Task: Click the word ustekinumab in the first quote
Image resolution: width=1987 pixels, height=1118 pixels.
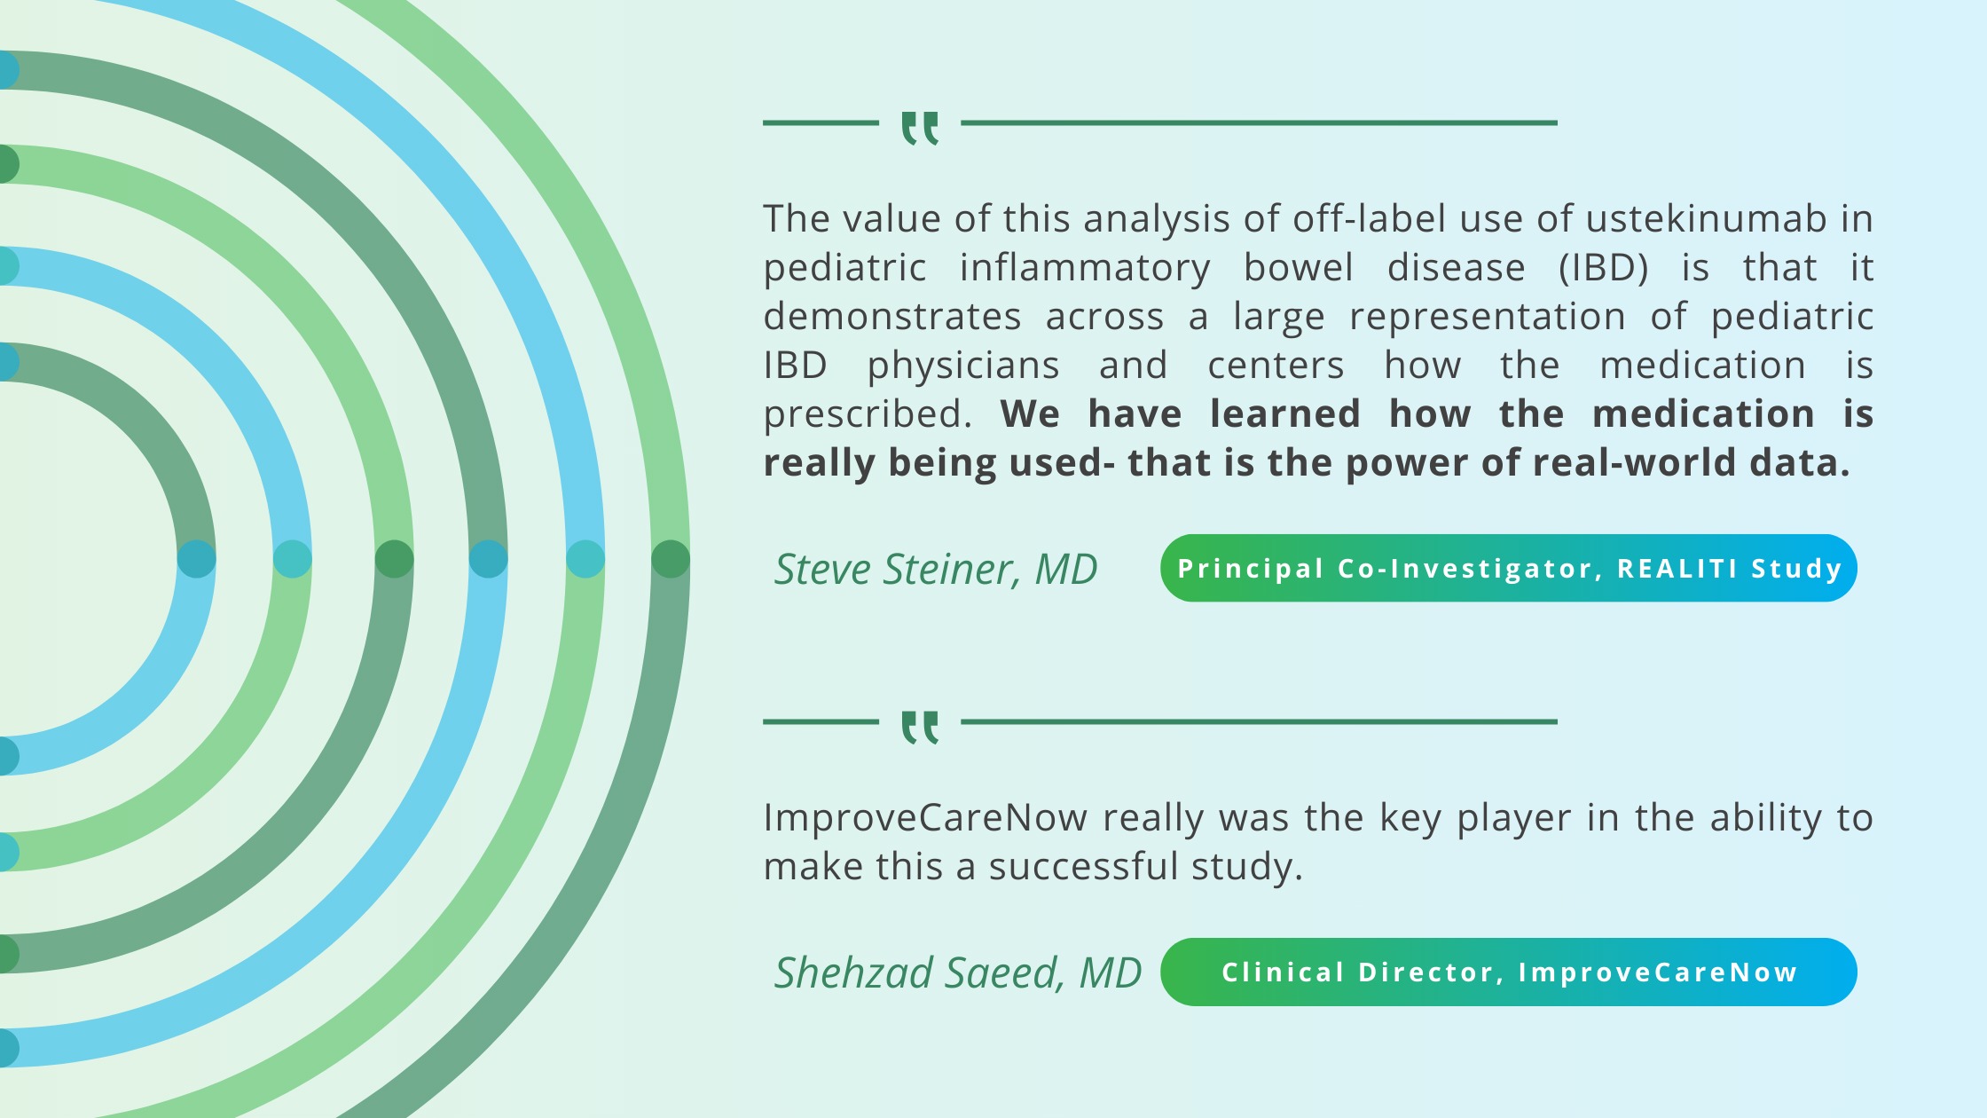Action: pyautogui.click(x=1706, y=218)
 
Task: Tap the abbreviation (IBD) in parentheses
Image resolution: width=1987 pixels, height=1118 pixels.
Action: pyautogui.click(x=1604, y=268)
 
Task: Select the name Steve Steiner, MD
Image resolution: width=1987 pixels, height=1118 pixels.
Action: pyautogui.click(x=936, y=569)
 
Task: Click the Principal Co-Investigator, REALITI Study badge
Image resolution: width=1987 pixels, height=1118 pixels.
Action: pyautogui.click(x=1509, y=568)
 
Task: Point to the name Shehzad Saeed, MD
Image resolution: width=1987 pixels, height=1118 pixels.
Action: pyautogui.click(x=958, y=972)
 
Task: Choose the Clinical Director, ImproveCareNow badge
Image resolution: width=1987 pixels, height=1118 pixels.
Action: pyautogui.click(x=1509, y=972)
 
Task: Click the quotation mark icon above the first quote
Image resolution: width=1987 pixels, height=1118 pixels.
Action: pyautogui.click(x=920, y=129)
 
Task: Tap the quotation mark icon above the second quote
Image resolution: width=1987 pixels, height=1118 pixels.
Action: pyautogui.click(x=920, y=728)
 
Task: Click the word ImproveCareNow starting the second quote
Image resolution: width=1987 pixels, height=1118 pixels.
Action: pyautogui.click(x=925, y=818)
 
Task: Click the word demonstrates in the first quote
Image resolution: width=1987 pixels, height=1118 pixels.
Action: pyautogui.click(x=892, y=317)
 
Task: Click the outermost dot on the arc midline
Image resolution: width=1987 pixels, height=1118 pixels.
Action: pyautogui.click(x=671, y=559)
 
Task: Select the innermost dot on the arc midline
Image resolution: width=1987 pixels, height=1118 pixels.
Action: pyautogui.click(x=197, y=559)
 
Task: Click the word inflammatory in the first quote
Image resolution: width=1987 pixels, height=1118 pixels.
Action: pyautogui.click(x=1085, y=268)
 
